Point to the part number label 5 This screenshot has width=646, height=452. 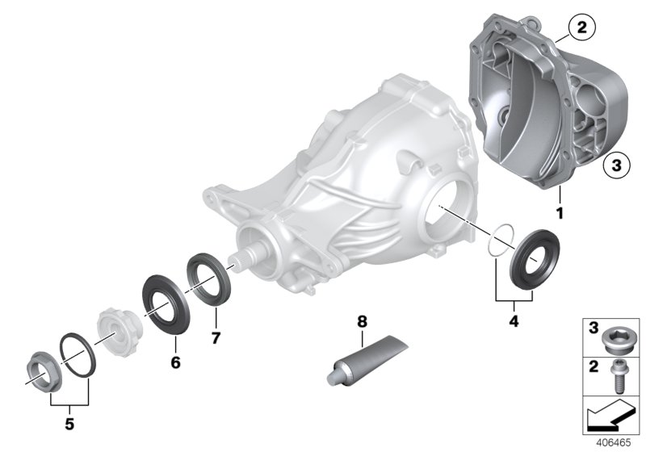(x=68, y=422)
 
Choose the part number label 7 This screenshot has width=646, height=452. (x=216, y=337)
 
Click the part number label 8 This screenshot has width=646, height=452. (x=362, y=321)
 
